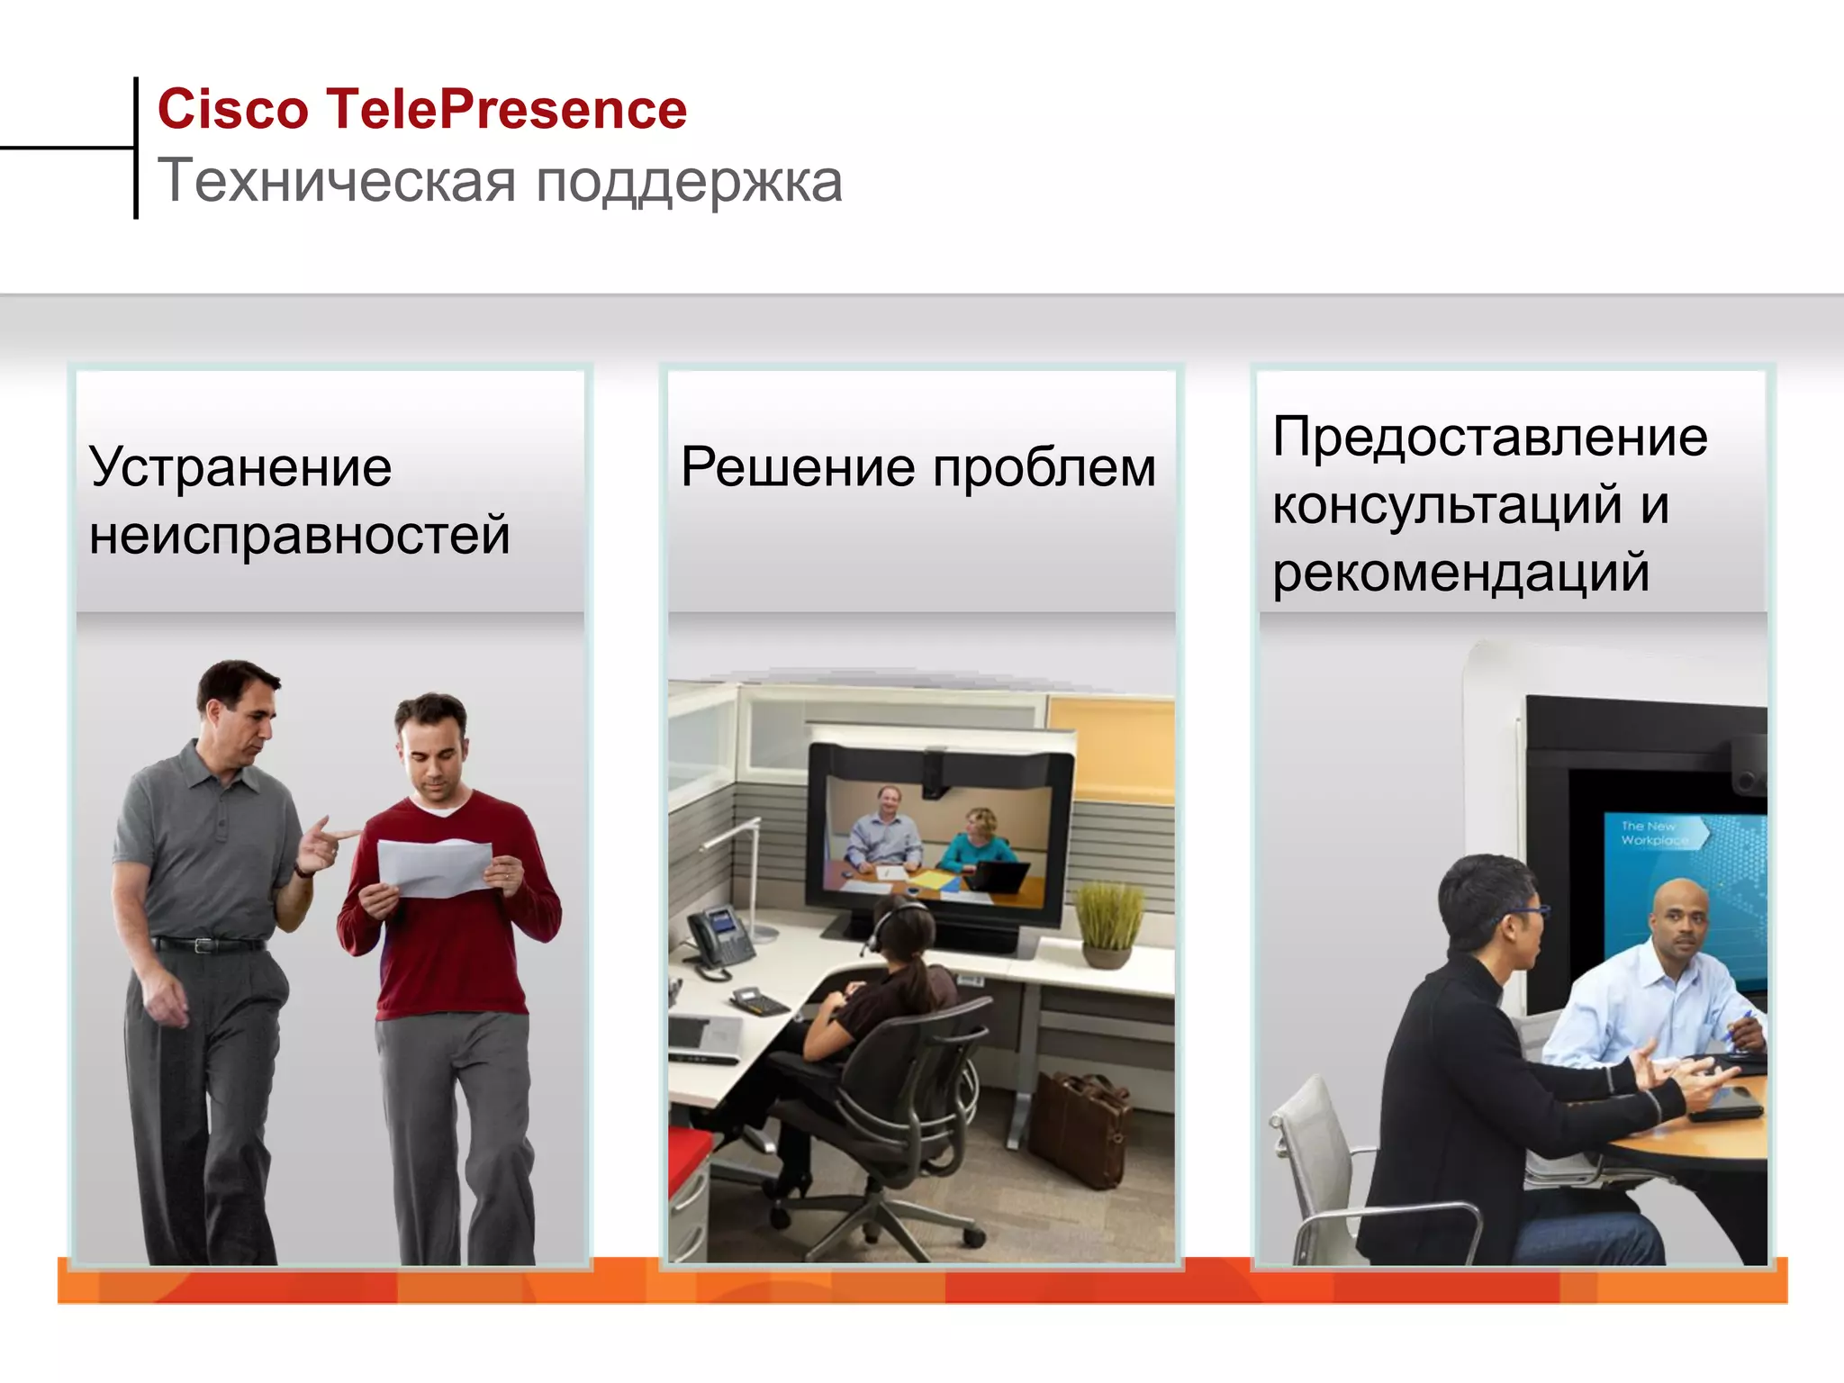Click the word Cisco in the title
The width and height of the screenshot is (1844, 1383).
pyautogui.click(x=233, y=110)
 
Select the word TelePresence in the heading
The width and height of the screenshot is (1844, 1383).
pyautogui.click(x=506, y=110)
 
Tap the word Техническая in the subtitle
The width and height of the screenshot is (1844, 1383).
pyautogui.click(x=337, y=181)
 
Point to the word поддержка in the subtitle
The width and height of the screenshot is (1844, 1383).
pyautogui.click(x=689, y=183)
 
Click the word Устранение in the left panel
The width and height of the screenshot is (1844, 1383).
pyautogui.click(x=240, y=467)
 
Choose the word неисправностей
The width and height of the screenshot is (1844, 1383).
pyautogui.click(x=300, y=535)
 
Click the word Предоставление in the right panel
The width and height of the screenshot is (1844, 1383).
pyautogui.click(x=1489, y=438)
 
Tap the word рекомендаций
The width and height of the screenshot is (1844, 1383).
pyautogui.click(x=1460, y=573)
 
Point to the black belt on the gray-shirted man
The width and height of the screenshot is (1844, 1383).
pyautogui.click(x=209, y=945)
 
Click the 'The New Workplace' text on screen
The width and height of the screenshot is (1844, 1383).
pyautogui.click(x=1653, y=833)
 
